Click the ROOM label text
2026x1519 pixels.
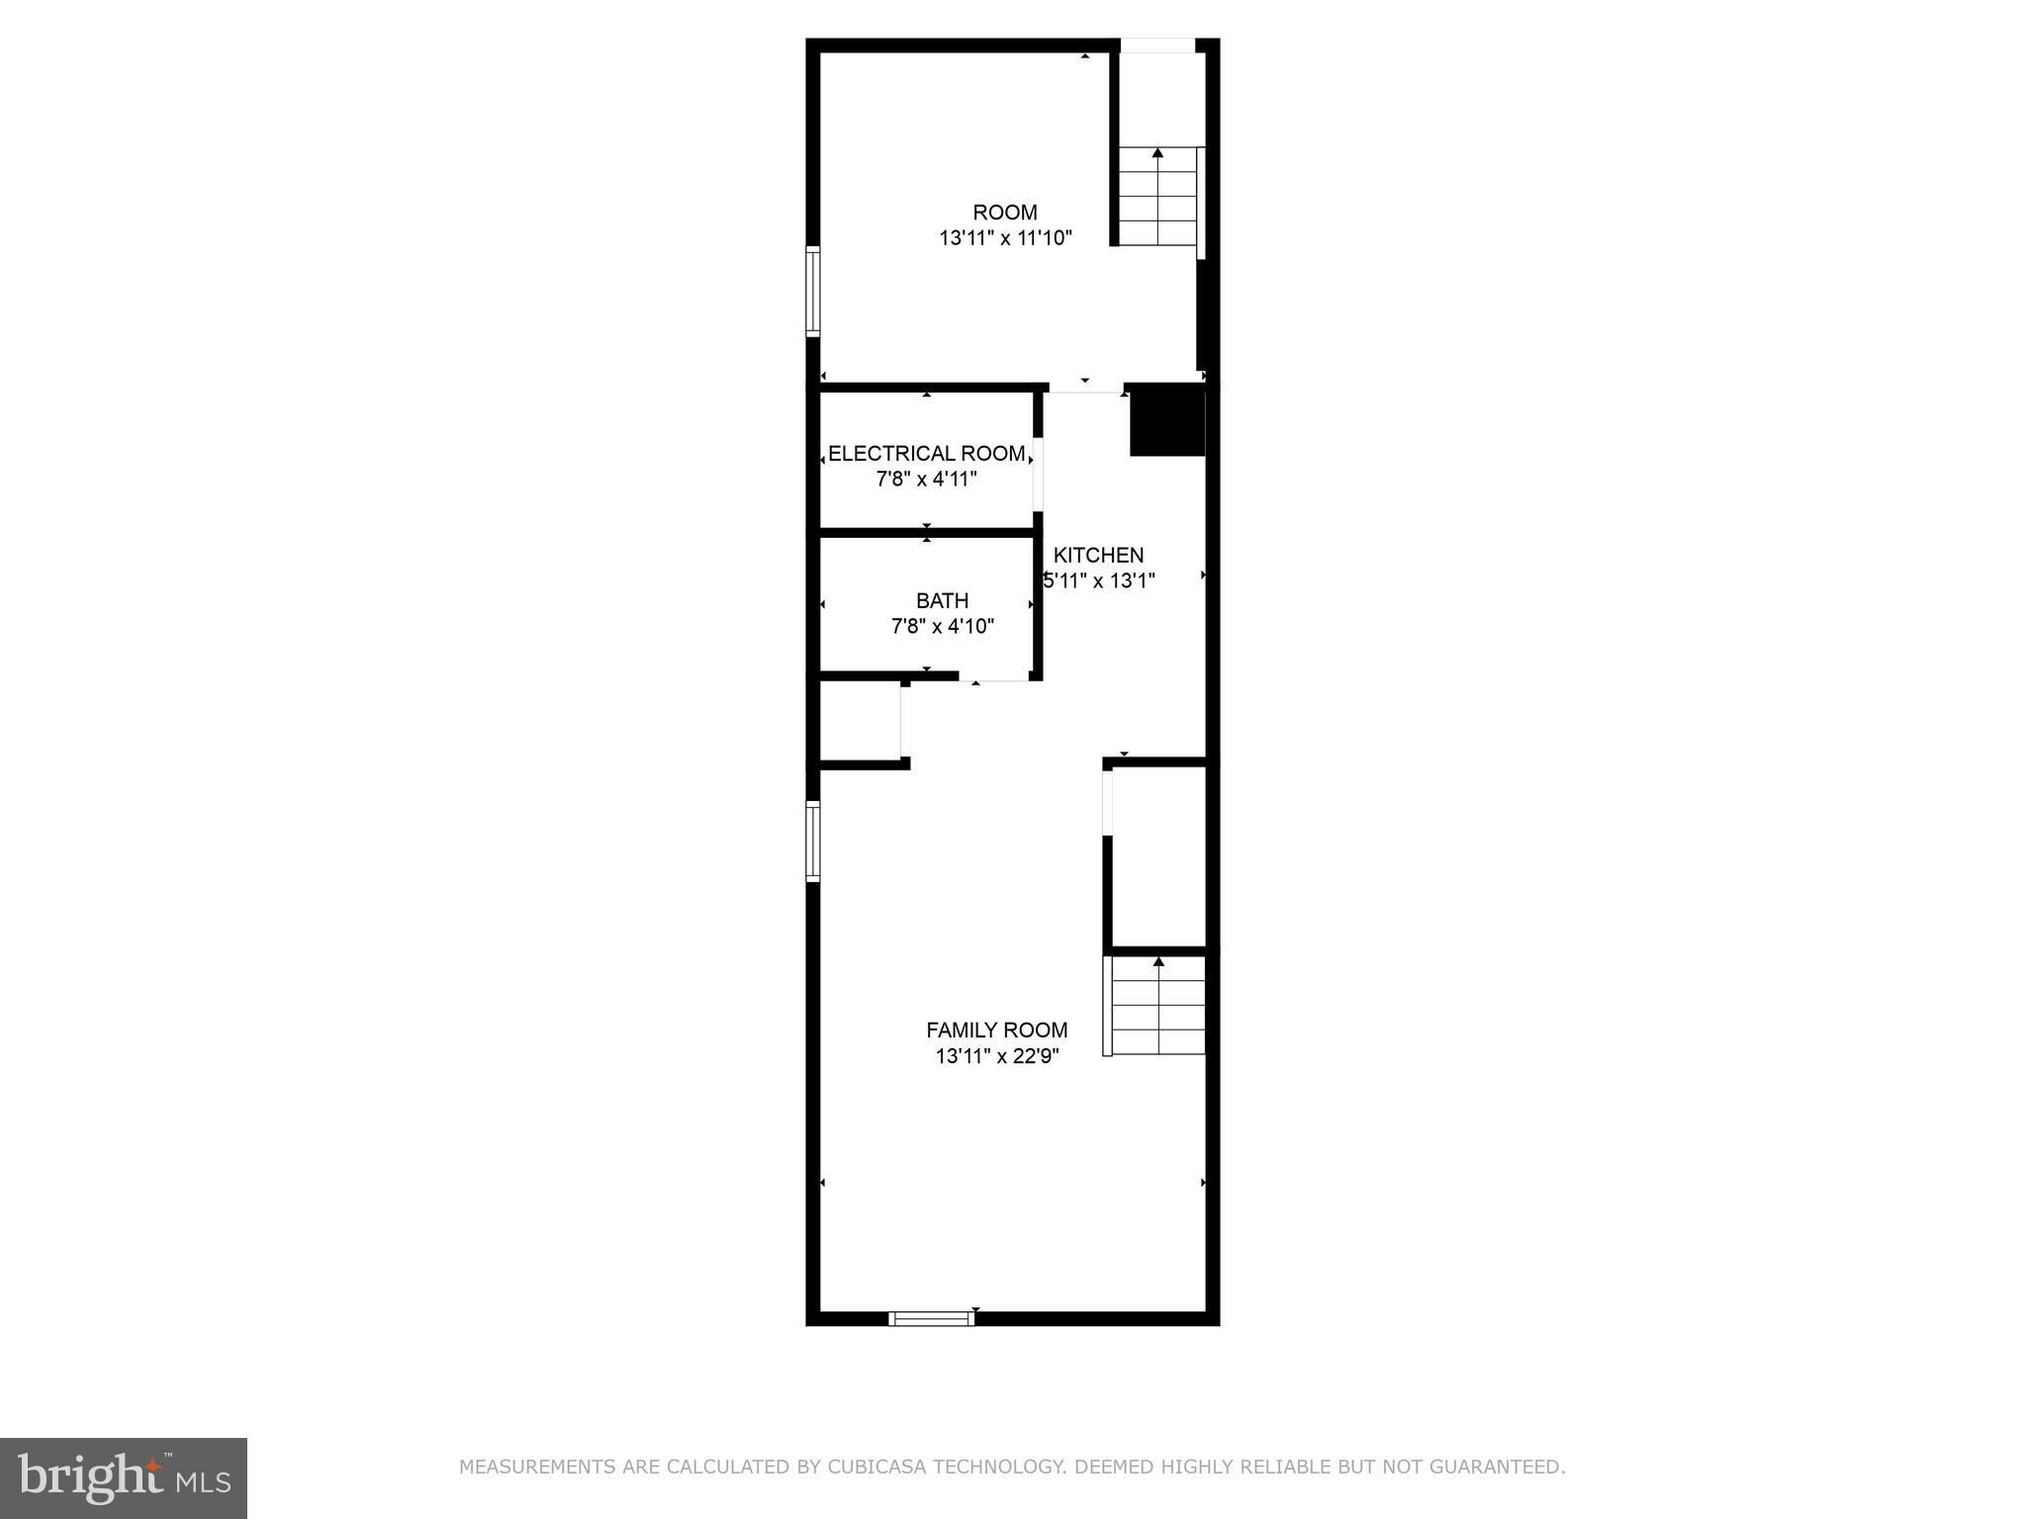click(1005, 213)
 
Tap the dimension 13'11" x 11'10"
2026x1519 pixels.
click(1005, 238)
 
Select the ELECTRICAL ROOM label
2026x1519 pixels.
click(927, 454)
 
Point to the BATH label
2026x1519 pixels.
click(942, 600)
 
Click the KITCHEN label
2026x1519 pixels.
click(1098, 555)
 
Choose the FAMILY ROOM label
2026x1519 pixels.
click(997, 1030)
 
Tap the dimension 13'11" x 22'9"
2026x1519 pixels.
click(997, 1056)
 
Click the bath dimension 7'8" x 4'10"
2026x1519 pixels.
click(943, 626)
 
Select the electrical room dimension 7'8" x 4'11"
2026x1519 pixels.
click(927, 480)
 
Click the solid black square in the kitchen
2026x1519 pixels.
click(1167, 420)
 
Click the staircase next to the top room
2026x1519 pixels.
click(1157, 196)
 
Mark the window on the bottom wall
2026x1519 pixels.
click(931, 1318)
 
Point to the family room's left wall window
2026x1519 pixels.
click(813, 842)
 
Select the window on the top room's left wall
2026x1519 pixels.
click(813, 292)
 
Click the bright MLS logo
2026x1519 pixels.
click(124, 1478)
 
